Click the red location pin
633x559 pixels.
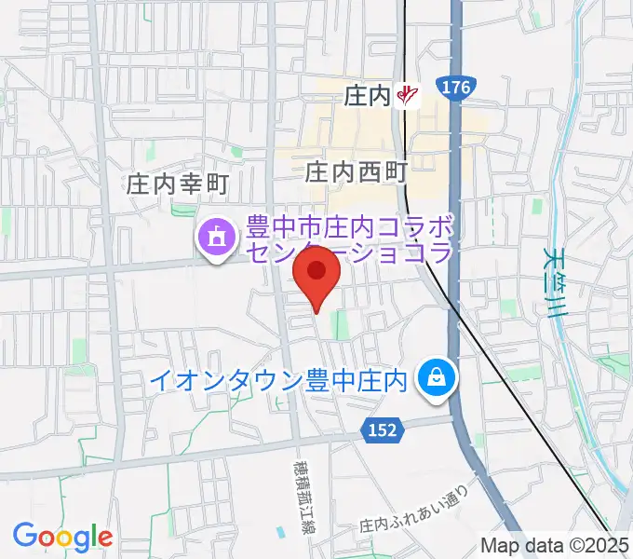(x=316, y=272)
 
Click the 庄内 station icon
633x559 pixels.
(x=407, y=94)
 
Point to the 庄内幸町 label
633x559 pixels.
(x=178, y=185)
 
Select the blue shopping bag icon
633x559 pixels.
(x=434, y=377)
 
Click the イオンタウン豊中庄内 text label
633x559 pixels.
(x=280, y=380)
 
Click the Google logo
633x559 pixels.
(x=62, y=536)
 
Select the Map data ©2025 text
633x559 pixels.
(x=554, y=545)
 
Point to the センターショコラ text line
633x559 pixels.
(x=349, y=252)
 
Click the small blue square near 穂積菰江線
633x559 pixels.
(x=281, y=532)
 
